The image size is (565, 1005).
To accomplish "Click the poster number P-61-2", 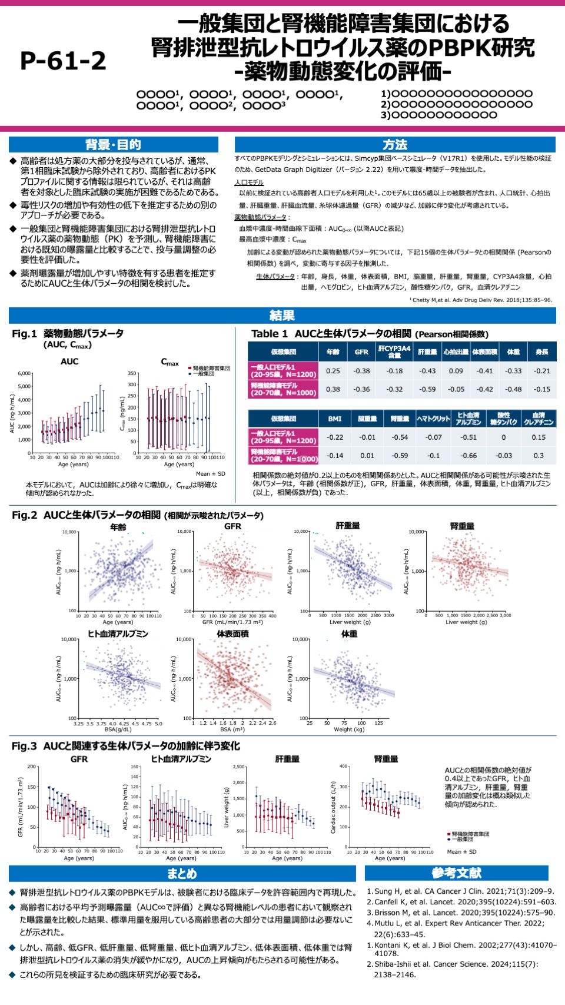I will point(63,61).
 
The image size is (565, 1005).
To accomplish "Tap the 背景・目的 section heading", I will point(113,145).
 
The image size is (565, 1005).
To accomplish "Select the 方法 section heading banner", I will point(395,145).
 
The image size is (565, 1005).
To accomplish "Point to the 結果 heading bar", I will point(282,316).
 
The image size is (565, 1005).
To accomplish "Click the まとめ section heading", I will point(182,874).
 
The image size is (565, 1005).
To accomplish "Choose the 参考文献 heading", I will point(456,873).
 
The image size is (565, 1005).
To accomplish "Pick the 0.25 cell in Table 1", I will point(333,371).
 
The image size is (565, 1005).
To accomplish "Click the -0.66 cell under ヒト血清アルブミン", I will point(469,456).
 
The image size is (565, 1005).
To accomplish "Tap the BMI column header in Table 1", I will point(335,419).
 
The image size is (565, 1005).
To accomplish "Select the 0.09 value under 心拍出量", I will point(456,371).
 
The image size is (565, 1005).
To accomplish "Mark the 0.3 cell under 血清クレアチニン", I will point(539,456).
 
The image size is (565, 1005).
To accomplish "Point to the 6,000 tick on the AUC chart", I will point(24,373).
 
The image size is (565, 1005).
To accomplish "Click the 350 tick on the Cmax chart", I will point(132,373).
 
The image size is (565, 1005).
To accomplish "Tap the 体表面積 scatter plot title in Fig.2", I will point(233,634).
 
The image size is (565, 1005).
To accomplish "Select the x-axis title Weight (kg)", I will point(349,729).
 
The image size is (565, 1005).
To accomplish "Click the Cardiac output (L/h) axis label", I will point(334,807).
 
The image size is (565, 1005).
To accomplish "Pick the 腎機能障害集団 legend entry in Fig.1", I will point(211,368).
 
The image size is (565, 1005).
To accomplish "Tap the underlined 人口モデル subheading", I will point(249,183).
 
